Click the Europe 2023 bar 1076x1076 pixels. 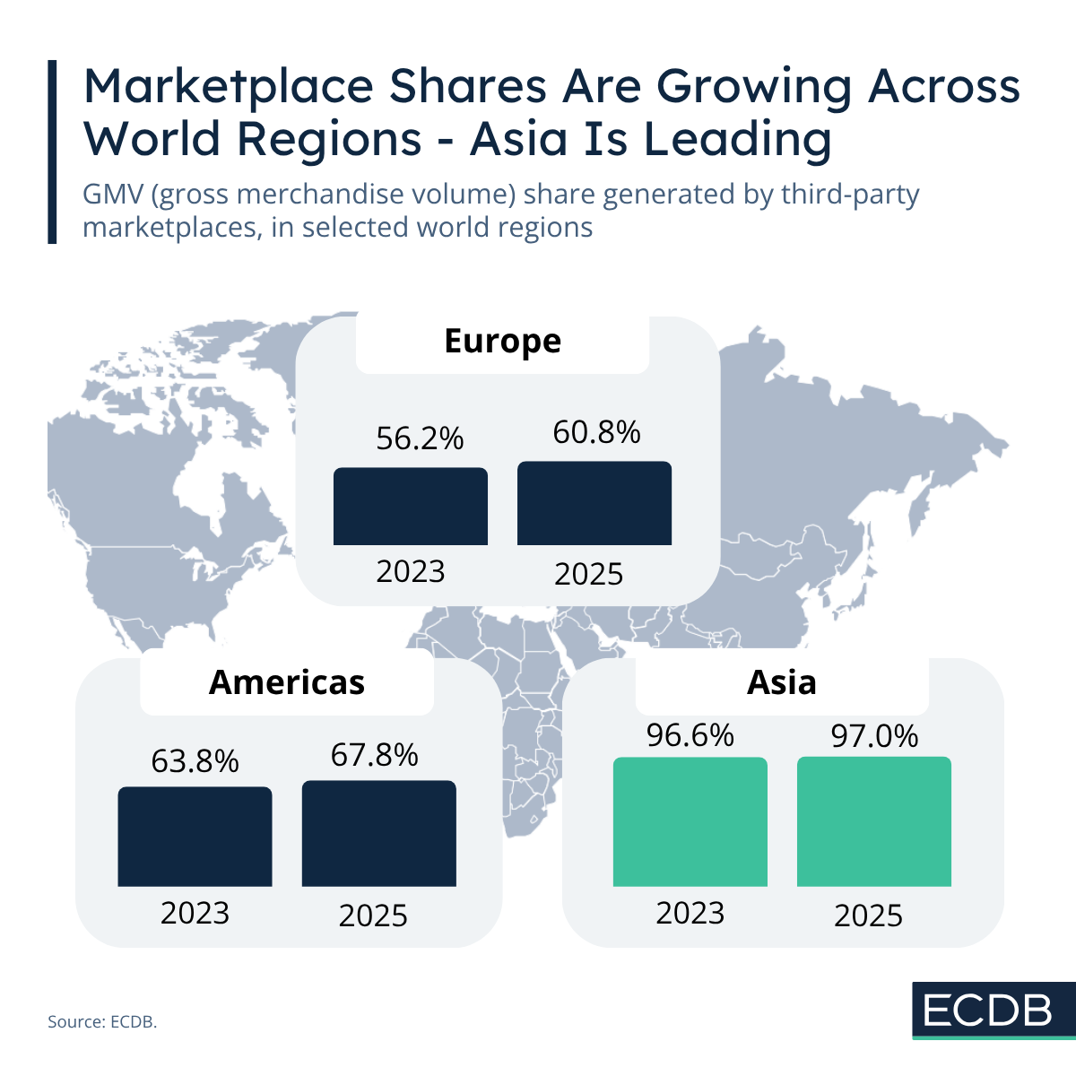411,507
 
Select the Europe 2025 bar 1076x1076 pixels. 594,503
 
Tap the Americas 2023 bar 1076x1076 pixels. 195,837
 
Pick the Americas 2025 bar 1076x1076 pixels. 378,833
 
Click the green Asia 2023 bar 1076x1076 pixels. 690,822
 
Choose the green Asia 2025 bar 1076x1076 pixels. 874,821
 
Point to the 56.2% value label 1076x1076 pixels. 420,438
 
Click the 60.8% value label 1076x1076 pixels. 596,432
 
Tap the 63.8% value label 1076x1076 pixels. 195,761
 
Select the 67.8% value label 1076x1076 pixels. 374,755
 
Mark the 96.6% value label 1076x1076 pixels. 690,735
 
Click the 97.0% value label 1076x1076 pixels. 874,736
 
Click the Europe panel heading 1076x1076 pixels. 502,341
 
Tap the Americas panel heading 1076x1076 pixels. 287,682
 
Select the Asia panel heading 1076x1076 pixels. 782,682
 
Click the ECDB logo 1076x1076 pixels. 988,1011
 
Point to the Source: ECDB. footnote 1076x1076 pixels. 102,1021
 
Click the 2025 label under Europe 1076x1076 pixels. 588,574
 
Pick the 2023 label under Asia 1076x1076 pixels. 690,913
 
